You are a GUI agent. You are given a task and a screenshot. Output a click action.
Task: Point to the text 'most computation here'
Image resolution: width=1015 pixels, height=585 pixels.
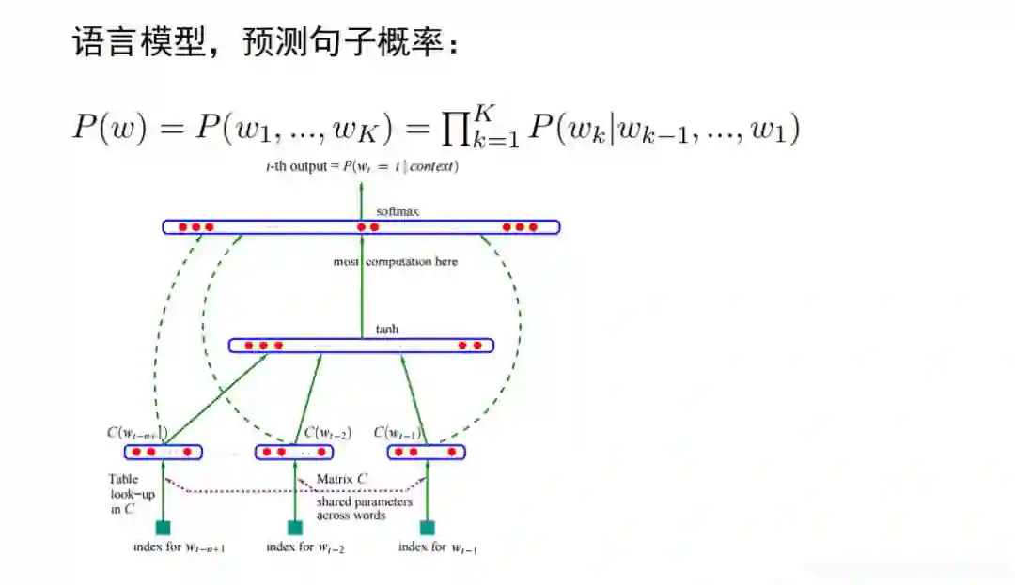396,262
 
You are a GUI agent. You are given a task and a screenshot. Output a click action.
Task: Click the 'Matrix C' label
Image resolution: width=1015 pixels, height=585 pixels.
341,479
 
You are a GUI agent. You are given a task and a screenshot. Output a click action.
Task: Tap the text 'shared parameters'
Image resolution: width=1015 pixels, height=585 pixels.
364,501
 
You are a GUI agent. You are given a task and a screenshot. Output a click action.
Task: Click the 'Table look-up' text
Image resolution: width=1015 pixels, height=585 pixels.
124,486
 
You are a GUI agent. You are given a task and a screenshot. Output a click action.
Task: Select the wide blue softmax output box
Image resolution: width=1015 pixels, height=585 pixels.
361,227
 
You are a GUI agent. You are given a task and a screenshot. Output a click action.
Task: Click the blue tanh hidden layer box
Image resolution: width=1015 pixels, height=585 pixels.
361,346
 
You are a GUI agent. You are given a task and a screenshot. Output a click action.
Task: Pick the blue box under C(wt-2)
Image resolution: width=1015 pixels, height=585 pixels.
295,453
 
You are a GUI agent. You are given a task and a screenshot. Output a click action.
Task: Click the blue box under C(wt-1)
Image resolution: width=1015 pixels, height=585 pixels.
428,453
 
